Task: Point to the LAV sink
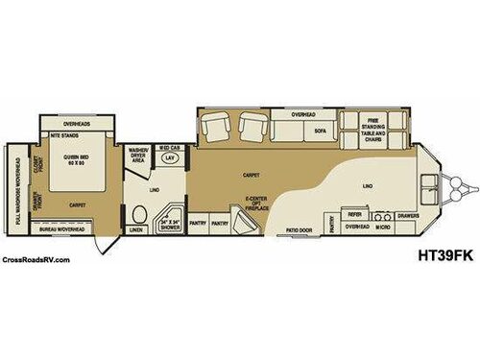[171, 157]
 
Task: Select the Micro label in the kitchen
[381, 228]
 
